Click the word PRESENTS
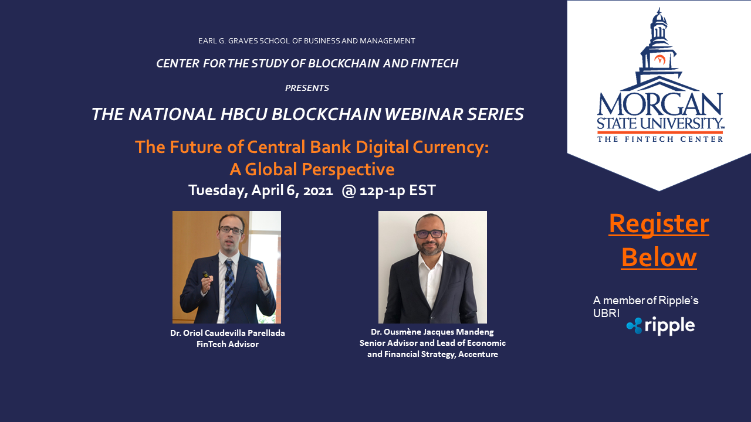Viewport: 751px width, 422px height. point(307,88)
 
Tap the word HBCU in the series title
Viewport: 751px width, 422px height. point(243,114)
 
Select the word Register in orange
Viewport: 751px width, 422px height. point(659,224)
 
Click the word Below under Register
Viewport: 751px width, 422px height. point(659,257)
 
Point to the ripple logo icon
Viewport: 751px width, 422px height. point(634,325)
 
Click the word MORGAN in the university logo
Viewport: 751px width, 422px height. point(660,104)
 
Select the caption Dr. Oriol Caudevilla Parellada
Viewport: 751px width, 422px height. point(228,333)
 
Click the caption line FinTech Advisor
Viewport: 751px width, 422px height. point(228,344)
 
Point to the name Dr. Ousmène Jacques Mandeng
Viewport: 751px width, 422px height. point(432,332)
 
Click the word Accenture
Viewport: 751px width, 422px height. point(478,355)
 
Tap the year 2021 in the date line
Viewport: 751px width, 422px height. point(318,190)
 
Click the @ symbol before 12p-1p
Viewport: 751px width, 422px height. point(349,191)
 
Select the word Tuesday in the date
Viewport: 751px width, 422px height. point(218,190)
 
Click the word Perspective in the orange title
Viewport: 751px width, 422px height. point(348,169)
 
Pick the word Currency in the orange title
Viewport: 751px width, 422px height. point(450,147)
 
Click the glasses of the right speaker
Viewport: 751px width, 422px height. point(430,233)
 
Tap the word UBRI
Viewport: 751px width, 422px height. point(606,313)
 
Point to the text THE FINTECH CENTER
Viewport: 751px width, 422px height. point(660,139)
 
